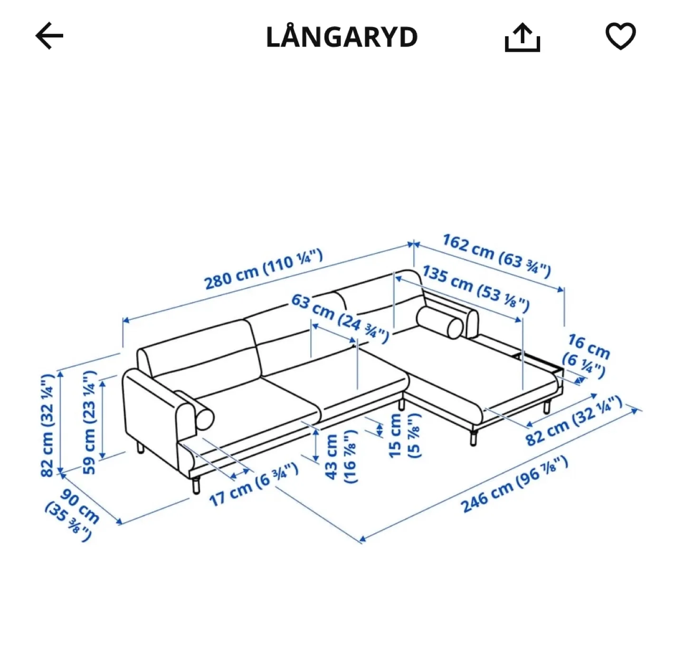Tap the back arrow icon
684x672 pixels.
click(x=49, y=36)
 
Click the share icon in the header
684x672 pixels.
click(x=522, y=38)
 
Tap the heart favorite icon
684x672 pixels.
click(x=620, y=36)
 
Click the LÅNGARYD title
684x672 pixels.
click(x=342, y=37)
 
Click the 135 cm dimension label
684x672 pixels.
click(x=476, y=289)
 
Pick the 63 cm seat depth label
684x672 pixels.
click(x=340, y=318)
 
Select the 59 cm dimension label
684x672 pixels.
click(x=89, y=422)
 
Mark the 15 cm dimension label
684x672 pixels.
click(x=404, y=436)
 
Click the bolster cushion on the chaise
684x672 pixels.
click(x=440, y=322)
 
